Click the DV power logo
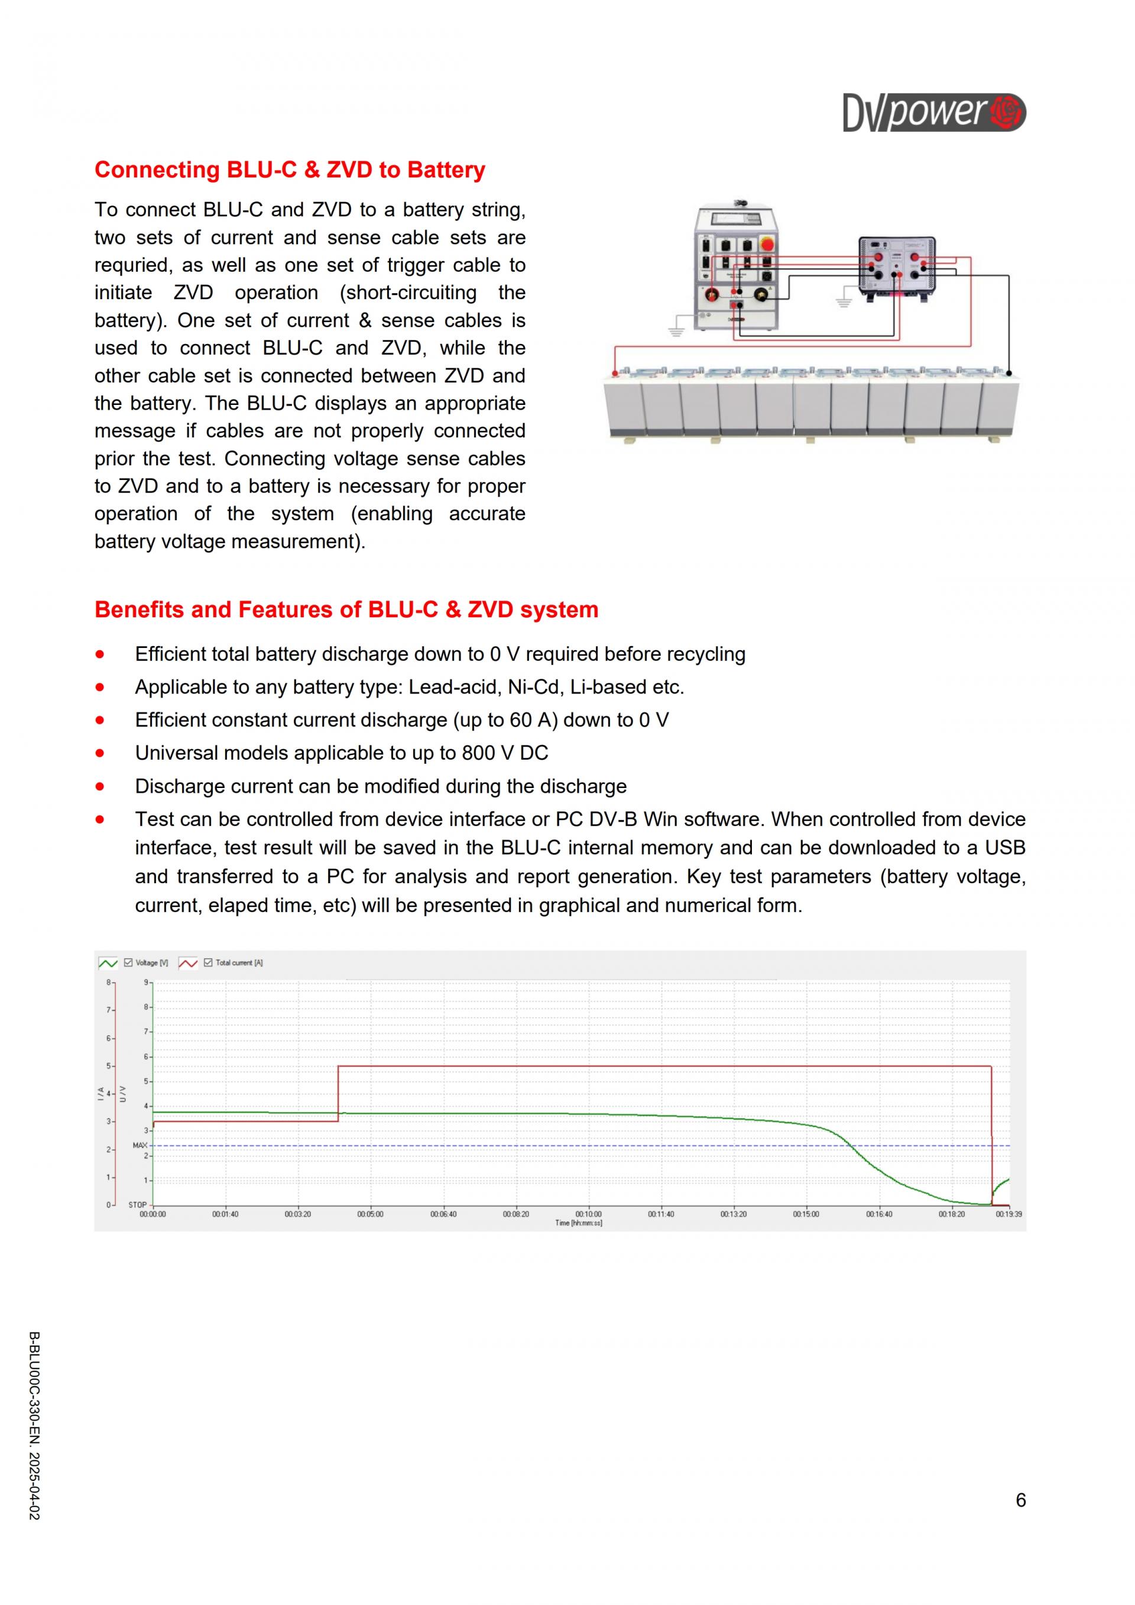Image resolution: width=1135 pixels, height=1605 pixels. [x=934, y=112]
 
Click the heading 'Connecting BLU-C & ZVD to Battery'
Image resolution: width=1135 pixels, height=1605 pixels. [x=289, y=170]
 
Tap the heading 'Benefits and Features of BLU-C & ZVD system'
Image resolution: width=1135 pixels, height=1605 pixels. [x=346, y=609]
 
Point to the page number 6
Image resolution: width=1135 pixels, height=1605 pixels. [x=1020, y=1500]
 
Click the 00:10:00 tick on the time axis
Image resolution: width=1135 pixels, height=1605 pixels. [x=588, y=1214]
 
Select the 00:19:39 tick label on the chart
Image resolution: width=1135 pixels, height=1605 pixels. [x=1008, y=1214]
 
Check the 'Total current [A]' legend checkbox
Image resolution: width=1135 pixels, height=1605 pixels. [x=208, y=962]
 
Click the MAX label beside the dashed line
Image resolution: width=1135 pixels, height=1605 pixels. [x=140, y=1145]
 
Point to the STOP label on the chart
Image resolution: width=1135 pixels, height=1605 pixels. [x=138, y=1204]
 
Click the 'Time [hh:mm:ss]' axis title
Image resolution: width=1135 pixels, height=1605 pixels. [x=579, y=1223]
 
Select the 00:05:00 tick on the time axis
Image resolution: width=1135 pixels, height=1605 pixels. [x=371, y=1214]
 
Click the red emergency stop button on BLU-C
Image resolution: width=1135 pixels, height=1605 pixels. [x=767, y=245]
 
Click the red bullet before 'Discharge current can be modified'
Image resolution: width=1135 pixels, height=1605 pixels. [x=100, y=786]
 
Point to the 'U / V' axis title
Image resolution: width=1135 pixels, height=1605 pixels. [x=123, y=1093]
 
